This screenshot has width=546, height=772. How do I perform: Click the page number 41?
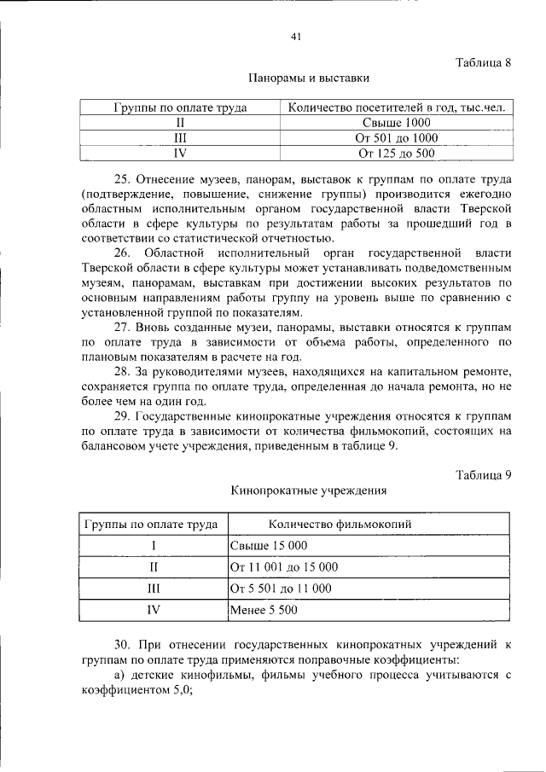tap(296, 37)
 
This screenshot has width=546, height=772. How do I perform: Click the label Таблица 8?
tap(483, 62)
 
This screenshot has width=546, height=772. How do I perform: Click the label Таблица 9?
tap(483, 475)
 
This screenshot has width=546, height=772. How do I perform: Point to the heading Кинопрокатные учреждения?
tap(309, 491)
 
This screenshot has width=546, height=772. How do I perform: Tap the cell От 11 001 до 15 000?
tap(284, 567)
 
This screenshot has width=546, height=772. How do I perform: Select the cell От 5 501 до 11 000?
tap(281, 589)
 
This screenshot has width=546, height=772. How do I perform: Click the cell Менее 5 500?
tap(264, 611)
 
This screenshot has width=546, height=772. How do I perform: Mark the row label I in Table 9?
tap(154, 546)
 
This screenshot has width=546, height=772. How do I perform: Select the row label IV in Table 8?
tap(180, 154)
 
